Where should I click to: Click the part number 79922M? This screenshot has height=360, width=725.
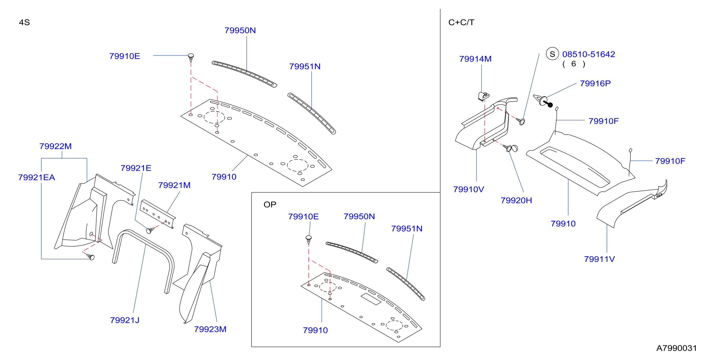pos(56,146)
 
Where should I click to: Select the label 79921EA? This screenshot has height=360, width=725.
pos(37,177)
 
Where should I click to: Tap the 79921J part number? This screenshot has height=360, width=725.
pos(125,320)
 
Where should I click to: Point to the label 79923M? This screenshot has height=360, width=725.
pos(210,329)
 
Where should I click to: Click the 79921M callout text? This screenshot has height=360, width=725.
pos(174,185)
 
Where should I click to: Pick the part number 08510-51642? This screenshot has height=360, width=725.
pos(588,54)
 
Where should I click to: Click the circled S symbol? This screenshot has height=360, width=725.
pos(552,54)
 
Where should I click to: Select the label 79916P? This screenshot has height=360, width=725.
pos(595,84)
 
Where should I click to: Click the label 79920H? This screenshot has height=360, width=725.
pos(516,200)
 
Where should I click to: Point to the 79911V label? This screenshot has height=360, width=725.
pos(599,259)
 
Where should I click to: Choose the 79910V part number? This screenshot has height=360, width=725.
pos(469,189)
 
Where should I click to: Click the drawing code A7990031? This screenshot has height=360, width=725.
pos(676,348)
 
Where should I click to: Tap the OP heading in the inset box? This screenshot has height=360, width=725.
pos(270,205)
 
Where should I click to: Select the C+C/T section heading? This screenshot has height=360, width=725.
pos(461,23)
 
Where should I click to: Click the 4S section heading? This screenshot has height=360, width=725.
pos(24,23)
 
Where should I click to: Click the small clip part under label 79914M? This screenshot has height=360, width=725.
pos(483,96)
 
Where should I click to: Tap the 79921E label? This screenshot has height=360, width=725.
pos(136,168)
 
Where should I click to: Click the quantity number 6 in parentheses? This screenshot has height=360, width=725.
pos(574,64)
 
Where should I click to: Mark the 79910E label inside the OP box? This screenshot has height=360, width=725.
pos(303,217)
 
